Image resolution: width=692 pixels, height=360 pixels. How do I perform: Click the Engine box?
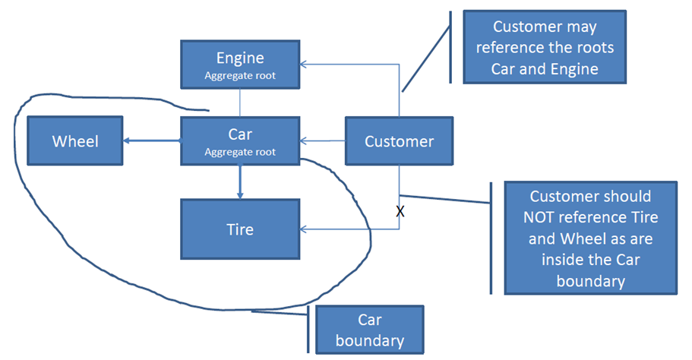click(240, 64)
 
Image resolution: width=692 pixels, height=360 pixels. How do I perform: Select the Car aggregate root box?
click(240, 141)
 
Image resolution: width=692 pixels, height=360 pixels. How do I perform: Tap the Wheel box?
click(75, 141)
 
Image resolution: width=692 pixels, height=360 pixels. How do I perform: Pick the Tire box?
click(240, 229)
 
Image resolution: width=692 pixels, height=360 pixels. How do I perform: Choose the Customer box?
click(399, 141)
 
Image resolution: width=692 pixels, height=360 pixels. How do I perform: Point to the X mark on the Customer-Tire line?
click(400, 212)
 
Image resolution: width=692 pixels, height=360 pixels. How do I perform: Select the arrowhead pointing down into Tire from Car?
click(240, 194)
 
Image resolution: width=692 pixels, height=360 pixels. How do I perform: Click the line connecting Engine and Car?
click(240, 103)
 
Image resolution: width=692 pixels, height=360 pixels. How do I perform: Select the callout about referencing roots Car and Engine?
click(545, 46)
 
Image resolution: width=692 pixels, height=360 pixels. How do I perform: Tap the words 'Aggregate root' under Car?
click(240, 152)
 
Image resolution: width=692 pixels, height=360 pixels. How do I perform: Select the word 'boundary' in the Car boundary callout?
click(369, 340)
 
